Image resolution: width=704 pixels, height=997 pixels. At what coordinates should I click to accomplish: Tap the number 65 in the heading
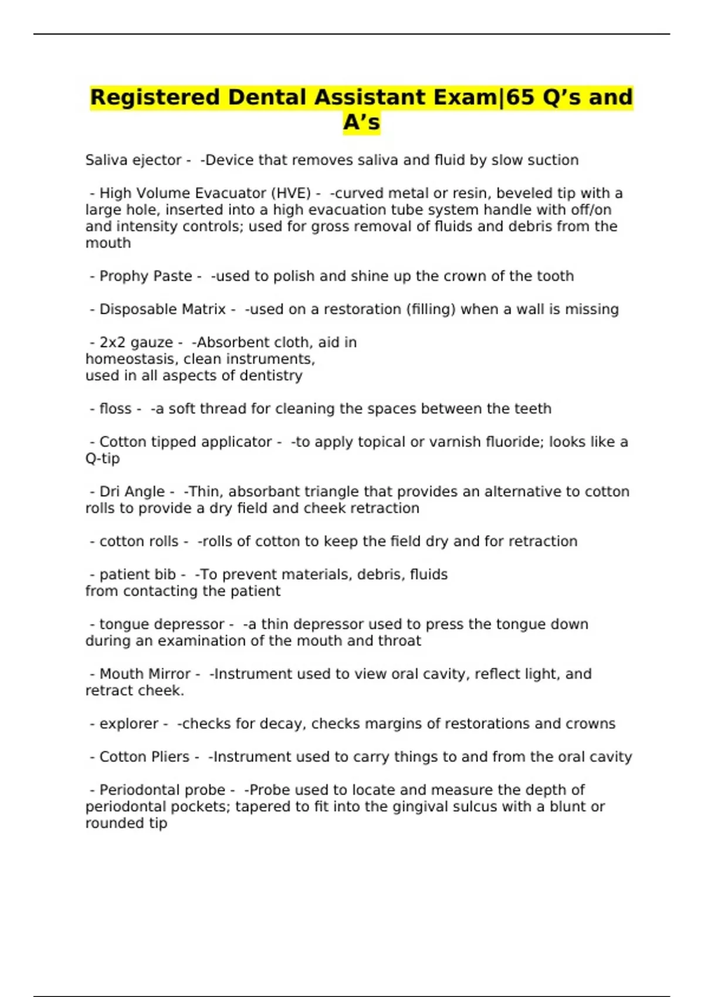(x=520, y=97)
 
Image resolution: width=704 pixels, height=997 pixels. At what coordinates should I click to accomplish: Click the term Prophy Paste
(x=145, y=276)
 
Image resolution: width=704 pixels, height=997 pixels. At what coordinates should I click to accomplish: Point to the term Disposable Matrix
(x=163, y=310)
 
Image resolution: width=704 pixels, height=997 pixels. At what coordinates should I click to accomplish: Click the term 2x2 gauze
(x=136, y=342)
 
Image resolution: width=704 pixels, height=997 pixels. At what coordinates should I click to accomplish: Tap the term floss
(x=116, y=409)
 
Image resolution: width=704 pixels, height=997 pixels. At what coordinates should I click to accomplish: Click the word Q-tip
(x=103, y=459)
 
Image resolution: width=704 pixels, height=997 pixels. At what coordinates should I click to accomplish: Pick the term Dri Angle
(x=132, y=491)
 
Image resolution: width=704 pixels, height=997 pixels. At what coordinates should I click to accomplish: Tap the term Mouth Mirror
(x=145, y=674)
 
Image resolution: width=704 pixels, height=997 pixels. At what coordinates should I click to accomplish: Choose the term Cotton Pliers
(x=144, y=757)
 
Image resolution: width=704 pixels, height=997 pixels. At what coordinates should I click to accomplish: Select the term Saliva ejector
(x=133, y=160)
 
